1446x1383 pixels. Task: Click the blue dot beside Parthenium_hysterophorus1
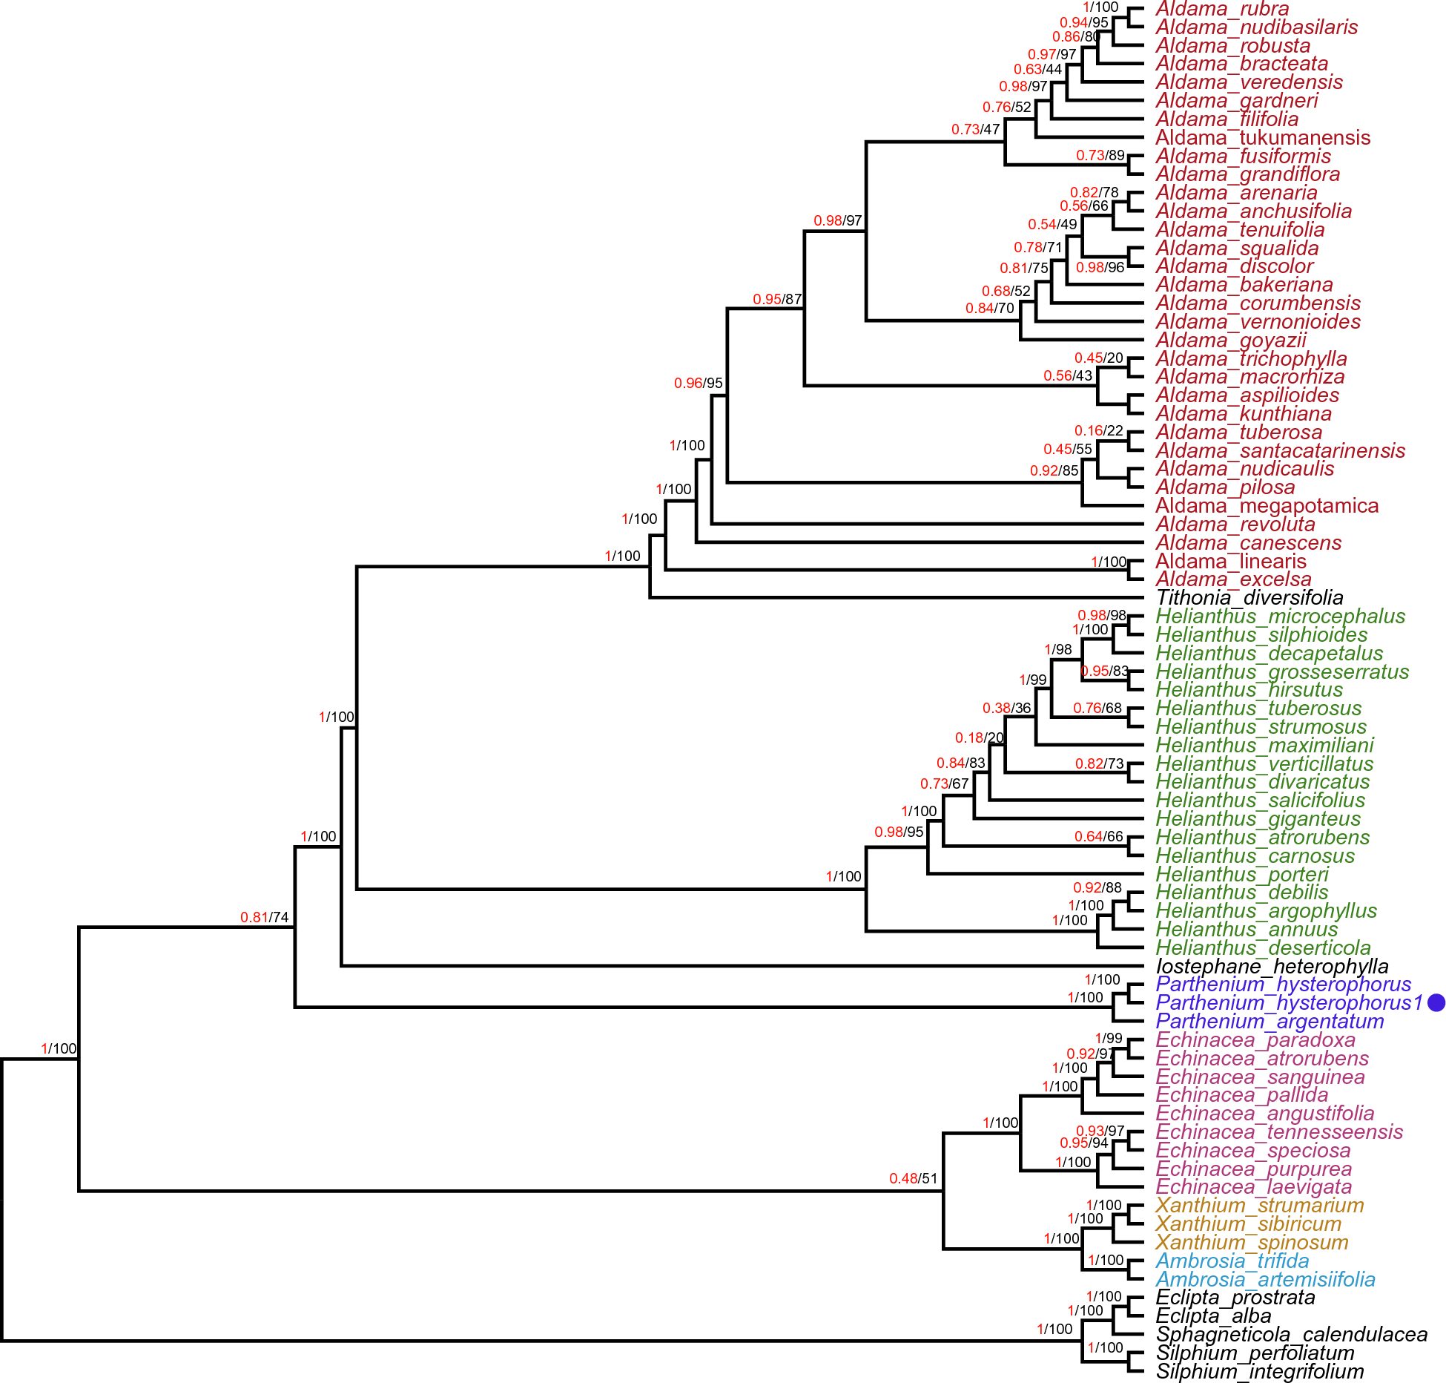click(x=1436, y=1002)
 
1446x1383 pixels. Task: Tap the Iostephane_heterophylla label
click(x=1272, y=967)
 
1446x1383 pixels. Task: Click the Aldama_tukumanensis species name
click(x=1262, y=138)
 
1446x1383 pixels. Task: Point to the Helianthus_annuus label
click(x=1247, y=930)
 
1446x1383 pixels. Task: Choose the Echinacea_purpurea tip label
click(x=1253, y=1169)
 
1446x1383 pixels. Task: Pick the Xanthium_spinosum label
click(x=1252, y=1243)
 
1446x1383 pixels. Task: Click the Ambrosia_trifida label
click(x=1232, y=1261)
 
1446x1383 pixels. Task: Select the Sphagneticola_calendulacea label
click(x=1291, y=1335)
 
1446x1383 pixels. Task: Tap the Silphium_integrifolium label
click(x=1259, y=1372)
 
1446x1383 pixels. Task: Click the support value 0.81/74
click(x=264, y=918)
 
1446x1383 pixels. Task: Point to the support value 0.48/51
click(x=913, y=1179)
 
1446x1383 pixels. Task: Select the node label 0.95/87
click(x=777, y=300)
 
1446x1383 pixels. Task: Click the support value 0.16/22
click(x=1098, y=431)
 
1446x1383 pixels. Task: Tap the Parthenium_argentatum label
click(x=1270, y=1022)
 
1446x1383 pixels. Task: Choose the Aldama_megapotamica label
click(x=1267, y=506)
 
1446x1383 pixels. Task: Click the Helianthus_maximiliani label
click(x=1264, y=745)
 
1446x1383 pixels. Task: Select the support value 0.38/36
click(x=1006, y=709)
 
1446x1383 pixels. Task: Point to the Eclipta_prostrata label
click(x=1235, y=1298)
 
